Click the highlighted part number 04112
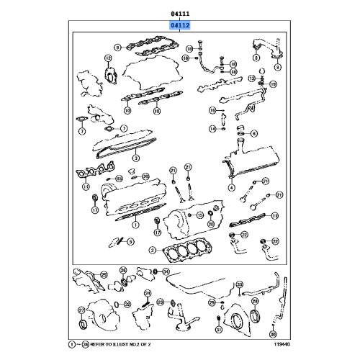[x=180, y=25]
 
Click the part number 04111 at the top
[x=180, y=12]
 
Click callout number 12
[x=108, y=58]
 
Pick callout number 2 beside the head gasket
[x=153, y=250]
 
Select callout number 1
[x=134, y=225]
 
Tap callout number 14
[x=213, y=129]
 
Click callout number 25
[x=104, y=274]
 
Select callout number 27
[x=81, y=310]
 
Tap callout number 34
[x=166, y=271]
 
